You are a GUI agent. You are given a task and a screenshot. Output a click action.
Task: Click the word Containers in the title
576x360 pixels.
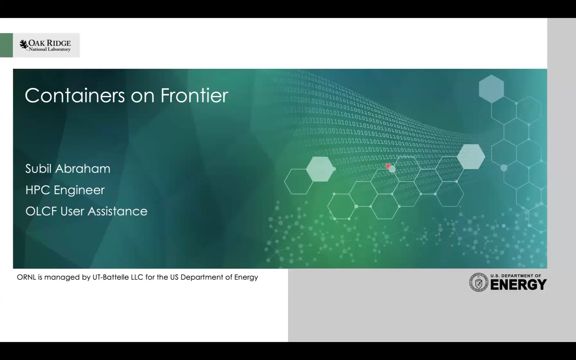click(x=75, y=95)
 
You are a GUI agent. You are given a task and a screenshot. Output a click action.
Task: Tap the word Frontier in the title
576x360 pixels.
click(x=194, y=95)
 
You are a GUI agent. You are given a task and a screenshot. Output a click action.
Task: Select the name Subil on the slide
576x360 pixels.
click(x=39, y=169)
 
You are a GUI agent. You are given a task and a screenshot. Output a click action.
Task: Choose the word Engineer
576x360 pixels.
click(x=79, y=190)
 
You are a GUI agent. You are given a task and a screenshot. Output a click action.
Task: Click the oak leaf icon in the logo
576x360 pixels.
click(x=24, y=45)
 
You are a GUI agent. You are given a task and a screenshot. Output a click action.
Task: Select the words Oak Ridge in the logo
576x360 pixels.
click(x=50, y=43)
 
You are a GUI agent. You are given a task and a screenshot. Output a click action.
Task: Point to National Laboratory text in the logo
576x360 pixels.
click(x=50, y=49)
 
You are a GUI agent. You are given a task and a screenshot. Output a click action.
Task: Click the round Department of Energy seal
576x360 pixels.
click(x=478, y=282)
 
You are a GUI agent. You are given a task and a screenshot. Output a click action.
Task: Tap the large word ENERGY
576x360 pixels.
click(x=518, y=285)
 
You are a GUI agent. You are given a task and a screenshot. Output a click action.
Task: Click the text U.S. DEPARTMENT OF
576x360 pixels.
click(x=516, y=276)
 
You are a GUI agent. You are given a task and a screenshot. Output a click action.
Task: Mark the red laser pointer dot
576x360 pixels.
click(x=388, y=166)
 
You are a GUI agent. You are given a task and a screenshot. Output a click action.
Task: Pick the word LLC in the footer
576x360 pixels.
click(x=137, y=277)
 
